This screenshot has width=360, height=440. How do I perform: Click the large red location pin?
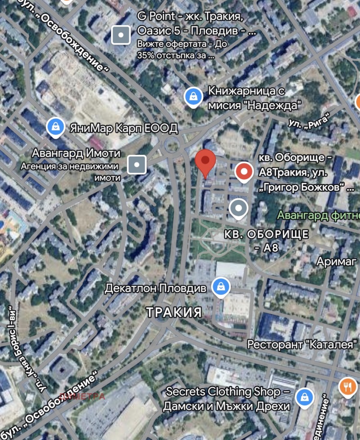pos(206,162)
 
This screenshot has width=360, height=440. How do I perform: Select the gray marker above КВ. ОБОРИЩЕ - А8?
pos(238,208)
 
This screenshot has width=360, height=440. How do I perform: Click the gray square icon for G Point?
pos(121,35)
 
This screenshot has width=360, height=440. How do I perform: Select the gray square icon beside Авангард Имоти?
pos(137,165)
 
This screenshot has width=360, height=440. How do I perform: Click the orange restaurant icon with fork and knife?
pos(348,386)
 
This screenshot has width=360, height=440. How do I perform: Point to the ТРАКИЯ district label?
pos(174,313)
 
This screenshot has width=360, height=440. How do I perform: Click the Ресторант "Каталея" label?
pos(302,345)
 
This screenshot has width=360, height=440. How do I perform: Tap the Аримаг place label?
pos(336,261)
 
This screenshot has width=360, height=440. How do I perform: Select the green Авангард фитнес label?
pos(318,215)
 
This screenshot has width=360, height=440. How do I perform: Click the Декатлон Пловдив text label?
pos(155,287)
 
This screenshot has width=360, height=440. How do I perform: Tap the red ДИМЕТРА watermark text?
pos(82,396)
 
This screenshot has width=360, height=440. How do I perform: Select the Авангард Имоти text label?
pos(76,153)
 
